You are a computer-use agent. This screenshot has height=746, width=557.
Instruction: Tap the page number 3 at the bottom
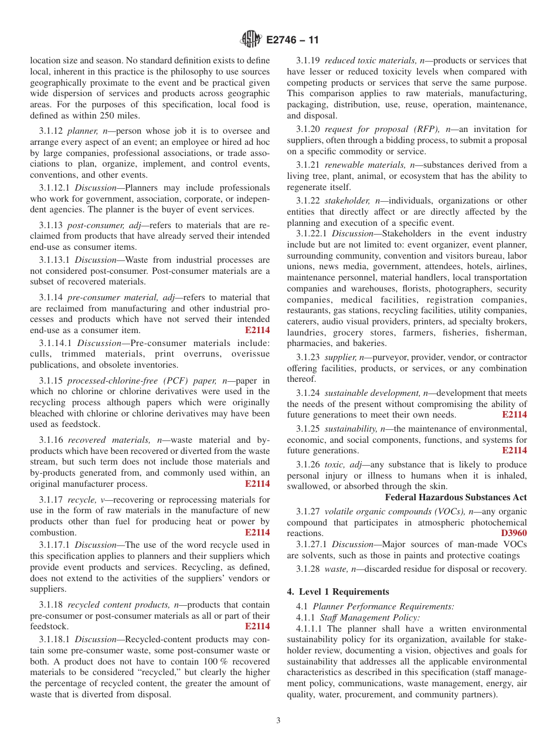tap(278, 721)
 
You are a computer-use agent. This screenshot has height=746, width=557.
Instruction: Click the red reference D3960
tap(514, 534)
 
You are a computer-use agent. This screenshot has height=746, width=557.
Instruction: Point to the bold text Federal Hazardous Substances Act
tap(456, 497)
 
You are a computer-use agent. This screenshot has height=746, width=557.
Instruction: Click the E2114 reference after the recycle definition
tap(257, 533)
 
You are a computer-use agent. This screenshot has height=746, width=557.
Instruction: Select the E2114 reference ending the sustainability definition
tap(514, 450)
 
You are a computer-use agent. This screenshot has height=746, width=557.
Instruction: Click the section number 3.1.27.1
tap(313, 544)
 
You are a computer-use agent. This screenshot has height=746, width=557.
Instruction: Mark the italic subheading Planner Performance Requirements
tap(383, 606)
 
